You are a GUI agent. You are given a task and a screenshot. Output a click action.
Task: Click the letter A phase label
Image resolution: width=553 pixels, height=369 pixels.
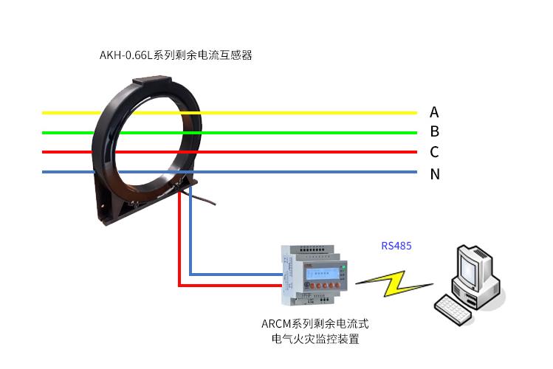click(x=434, y=112)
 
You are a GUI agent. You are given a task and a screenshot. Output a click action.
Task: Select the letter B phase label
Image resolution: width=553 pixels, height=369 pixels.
click(x=434, y=132)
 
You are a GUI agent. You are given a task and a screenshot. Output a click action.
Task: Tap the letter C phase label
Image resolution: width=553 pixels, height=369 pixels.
click(x=434, y=152)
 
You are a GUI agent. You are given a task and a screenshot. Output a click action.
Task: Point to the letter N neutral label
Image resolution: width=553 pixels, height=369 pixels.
click(x=435, y=174)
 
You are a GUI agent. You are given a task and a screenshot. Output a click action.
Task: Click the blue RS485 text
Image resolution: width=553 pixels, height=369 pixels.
click(x=396, y=245)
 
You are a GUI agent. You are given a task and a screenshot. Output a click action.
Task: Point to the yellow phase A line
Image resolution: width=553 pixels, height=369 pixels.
click(x=295, y=113)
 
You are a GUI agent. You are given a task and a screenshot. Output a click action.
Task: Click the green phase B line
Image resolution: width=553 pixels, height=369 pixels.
click(x=295, y=133)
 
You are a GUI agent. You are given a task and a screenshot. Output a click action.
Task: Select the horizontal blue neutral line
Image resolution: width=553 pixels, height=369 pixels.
click(x=295, y=172)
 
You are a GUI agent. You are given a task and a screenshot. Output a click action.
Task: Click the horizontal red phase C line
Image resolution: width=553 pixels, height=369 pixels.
click(x=295, y=152)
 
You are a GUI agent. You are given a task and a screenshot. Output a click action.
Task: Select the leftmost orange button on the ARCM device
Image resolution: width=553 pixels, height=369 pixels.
click(x=313, y=285)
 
